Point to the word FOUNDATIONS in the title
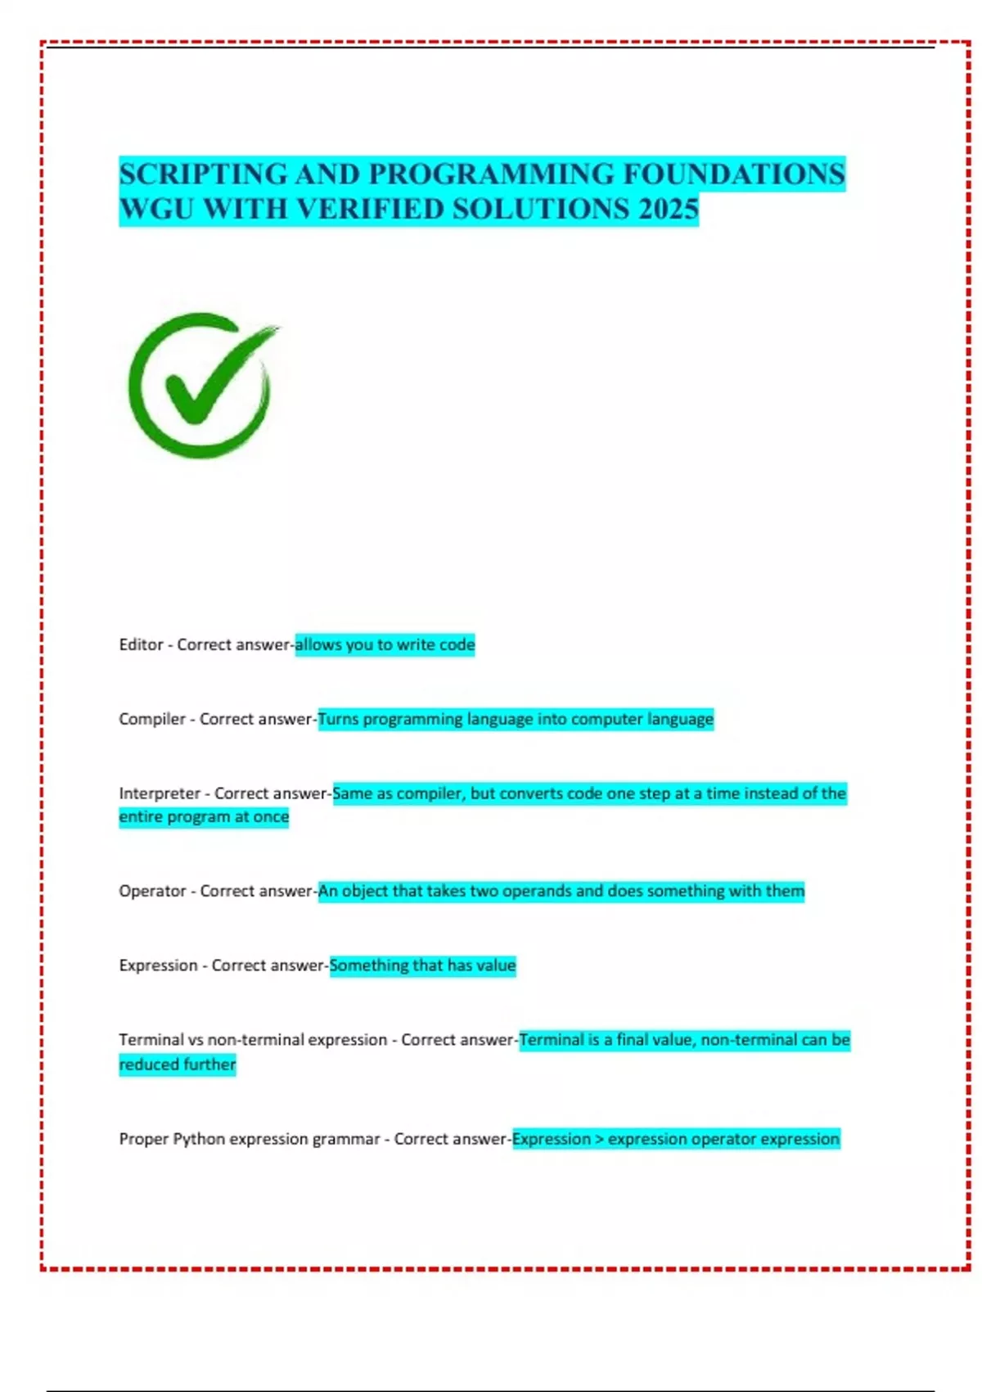coord(734,174)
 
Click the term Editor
coord(141,645)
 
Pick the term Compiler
coord(151,719)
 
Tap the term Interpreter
coord(159,793)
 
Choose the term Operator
coord(152,891)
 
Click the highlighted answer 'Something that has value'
coord(422,965)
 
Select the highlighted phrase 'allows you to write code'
coord(385,645)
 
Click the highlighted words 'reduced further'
coord(177,1064)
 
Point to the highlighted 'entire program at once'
coord(204,817)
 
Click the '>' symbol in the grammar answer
coord(599,1139)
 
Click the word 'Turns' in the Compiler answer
coord(338,719)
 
